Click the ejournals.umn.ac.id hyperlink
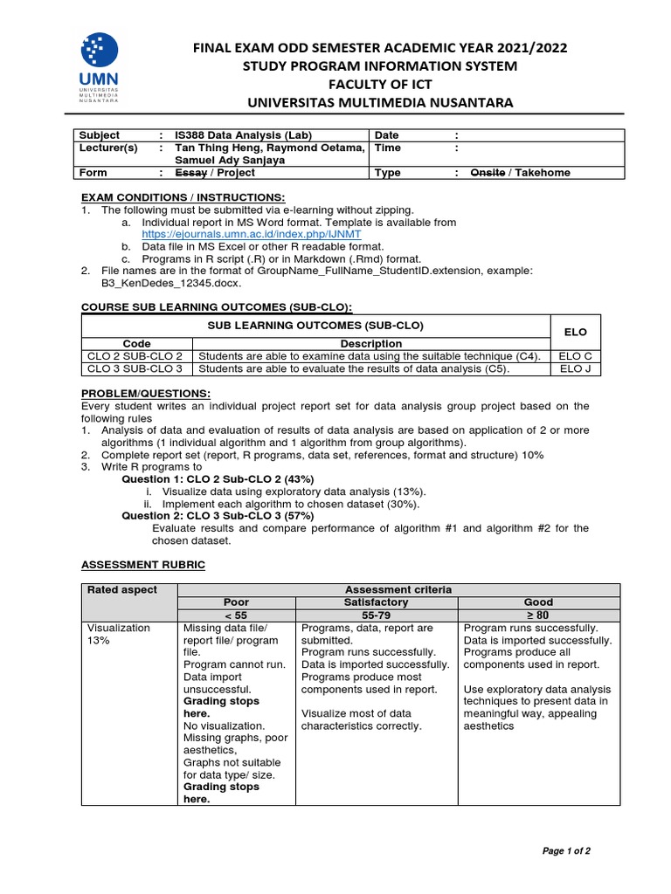pyautogui.click(x=252, y=235)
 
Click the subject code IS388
pyautogui.click(x=191, y=135)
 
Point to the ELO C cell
pyautogui.click(x=576, y=356)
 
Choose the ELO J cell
pyautogui.click(x=576, y=368)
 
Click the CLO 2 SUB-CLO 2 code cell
pyautogui.click(x=135, y=356)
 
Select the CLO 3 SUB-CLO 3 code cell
pyautogui.click(x=135, y=368)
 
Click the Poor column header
pyautogui.click(x=236, y=602)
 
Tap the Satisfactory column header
pyautogui.click(x=377, y=602)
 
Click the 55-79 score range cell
pyautogui.click(x=377, y=615)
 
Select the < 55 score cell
pyautogui.click(x=236, y=615)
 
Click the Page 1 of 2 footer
pyautogui.click(x=566, y=851)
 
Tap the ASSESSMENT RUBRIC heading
pyautogui.click(x=143, y=565)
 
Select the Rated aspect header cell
pyautogui.click(x=123, y=590)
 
